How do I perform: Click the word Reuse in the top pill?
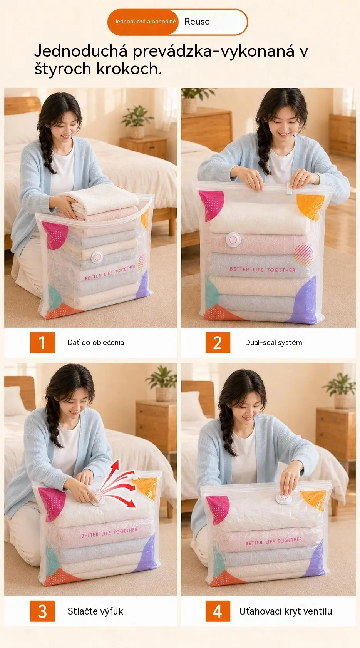[197, 22]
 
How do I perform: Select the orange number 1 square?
[42, 343]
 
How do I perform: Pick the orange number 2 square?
[218, 343]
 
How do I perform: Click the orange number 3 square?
[42, 611]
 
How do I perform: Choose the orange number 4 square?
[218, 611]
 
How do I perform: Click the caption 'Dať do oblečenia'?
[95, 343]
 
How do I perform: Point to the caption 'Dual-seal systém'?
[273, 343]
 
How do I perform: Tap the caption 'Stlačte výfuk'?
[95, 611]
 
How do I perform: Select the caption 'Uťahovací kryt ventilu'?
[285, 611]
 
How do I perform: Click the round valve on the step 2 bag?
[233, 239]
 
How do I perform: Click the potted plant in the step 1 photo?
[137, 122]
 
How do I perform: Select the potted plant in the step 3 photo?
[162, 383]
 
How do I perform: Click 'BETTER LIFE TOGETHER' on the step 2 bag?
[263, 270]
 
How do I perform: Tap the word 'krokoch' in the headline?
[129, 69]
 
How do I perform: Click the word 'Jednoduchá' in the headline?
[81, 51]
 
